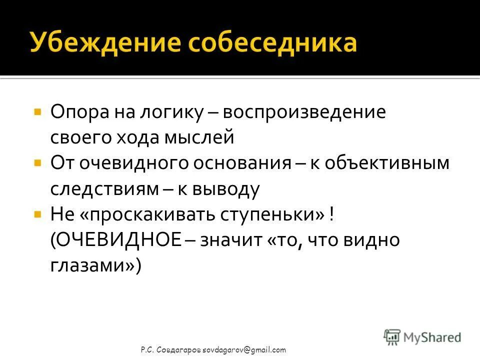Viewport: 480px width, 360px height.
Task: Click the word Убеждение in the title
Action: (x=102, y=43)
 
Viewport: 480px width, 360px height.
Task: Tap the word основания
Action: (x=243, y=163)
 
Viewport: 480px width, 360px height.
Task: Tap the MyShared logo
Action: (x=422, y=336)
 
